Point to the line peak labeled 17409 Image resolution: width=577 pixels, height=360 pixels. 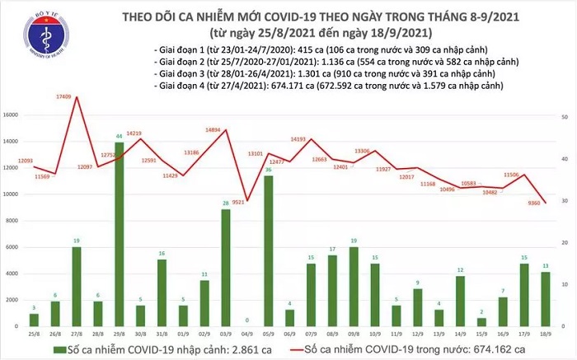click(76, 97)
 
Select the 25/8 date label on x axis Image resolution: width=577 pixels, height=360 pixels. click(32, 335)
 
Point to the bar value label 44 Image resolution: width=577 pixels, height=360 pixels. click(120, 136)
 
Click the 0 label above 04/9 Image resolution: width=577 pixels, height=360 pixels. click(247, 321)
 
